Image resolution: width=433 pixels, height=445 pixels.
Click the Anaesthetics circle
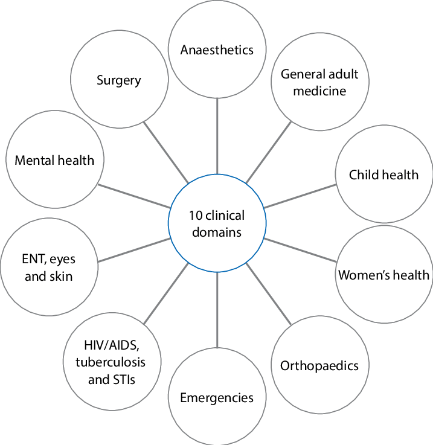217,50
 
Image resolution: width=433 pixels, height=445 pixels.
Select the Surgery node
119,80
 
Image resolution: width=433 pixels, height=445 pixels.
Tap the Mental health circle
54,160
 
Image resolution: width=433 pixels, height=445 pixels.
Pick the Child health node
383,174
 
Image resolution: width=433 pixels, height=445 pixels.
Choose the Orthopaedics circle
319,365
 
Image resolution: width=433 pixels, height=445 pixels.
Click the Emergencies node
217,397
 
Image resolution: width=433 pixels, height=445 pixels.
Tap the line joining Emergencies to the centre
217,307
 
